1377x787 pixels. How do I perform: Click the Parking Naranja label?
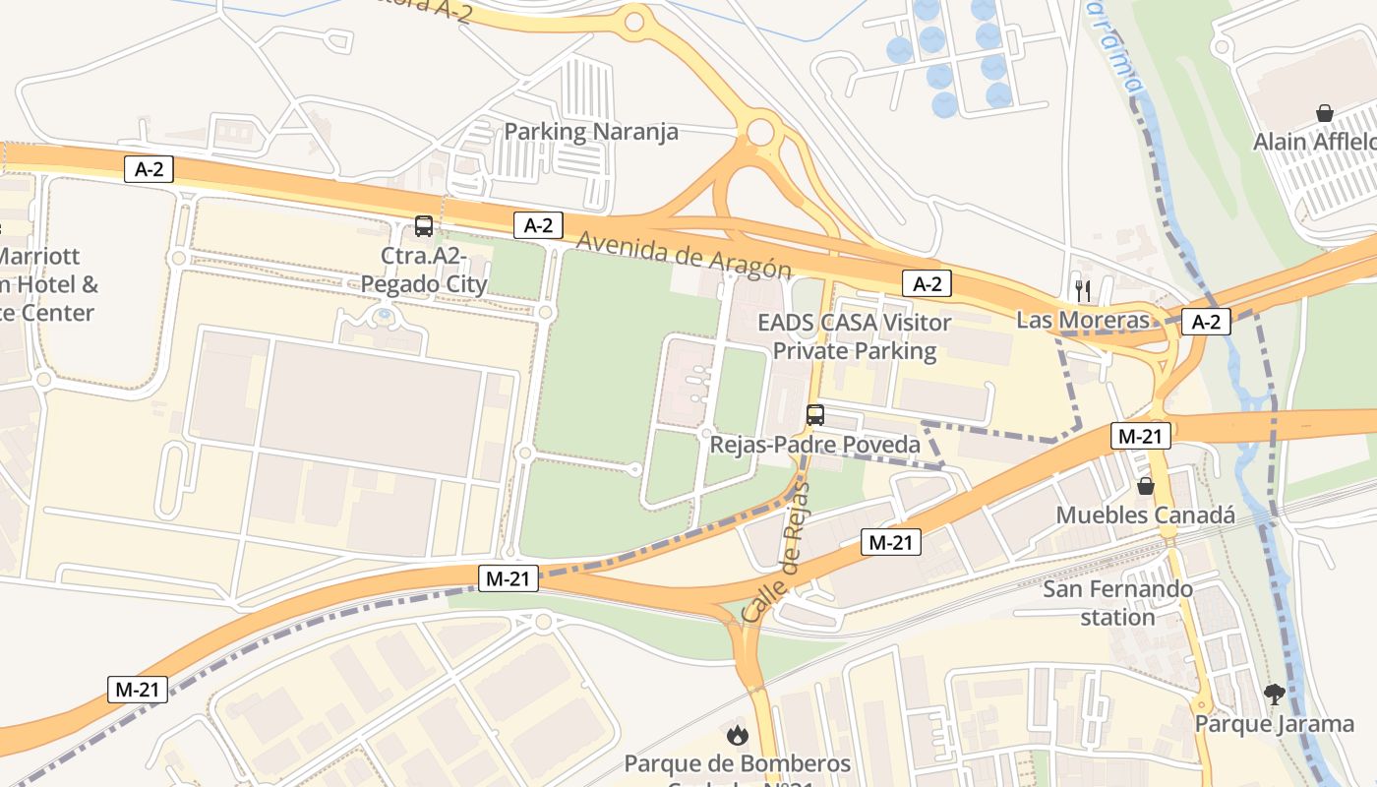(591, 132)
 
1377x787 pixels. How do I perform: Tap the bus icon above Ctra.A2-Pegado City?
(424, 226)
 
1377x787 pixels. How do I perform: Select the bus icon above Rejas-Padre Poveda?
(815, 415)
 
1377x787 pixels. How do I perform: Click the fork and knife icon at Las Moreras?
(1083, 290)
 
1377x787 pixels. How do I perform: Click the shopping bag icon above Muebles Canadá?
(1146, 486)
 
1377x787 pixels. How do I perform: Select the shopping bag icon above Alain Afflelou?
(1325, 112)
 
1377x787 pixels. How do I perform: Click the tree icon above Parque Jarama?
(1275, 695)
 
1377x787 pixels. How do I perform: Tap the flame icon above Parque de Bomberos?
(737, 734)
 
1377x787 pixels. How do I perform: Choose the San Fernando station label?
(1117, 603)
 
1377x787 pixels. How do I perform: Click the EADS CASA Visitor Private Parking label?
(855, 336)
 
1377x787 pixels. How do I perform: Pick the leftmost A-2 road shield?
(150, 169)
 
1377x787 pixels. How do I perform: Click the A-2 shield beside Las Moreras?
(1206, 321)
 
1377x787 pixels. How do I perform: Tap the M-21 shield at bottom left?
(138, 690)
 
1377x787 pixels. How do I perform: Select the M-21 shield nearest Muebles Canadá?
(1141, 436)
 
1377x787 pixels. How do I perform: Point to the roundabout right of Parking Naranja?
(760, 131)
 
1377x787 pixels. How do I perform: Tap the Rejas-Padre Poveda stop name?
(815, 445)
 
